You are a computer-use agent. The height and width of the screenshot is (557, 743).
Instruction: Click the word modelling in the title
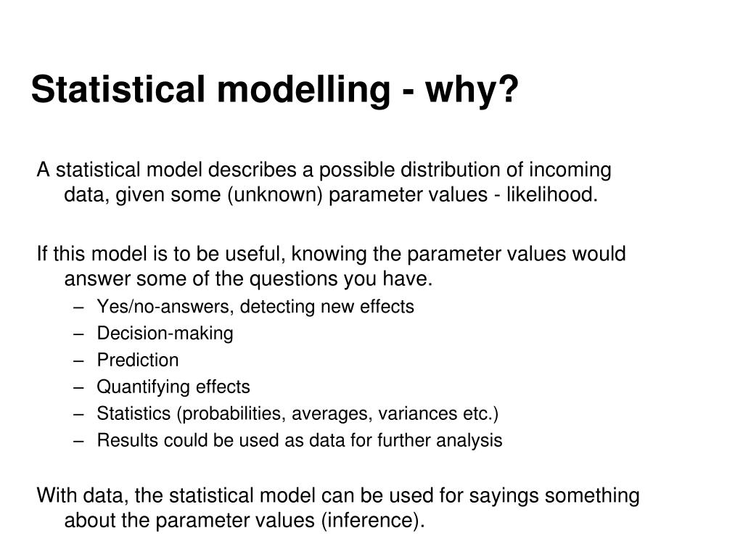click(305, 90)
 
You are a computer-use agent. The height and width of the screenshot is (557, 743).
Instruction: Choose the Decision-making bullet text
click(165, 334)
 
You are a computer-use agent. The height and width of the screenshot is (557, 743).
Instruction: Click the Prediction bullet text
click(138, 360)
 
